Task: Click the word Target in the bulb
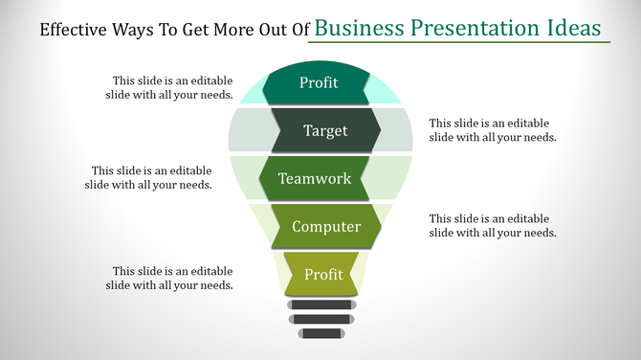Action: click(325, 131)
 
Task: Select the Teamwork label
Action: click(315, 179)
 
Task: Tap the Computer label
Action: click(326, 227)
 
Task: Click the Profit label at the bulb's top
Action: click(319, 83)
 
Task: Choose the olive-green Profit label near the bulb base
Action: click(323, 275)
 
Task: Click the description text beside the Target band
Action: click(493, 130)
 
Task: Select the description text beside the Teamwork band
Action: click(148, 178)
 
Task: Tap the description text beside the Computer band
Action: click(493, 226)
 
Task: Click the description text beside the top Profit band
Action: click(169, 88)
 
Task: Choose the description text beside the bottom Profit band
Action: click(169, 278)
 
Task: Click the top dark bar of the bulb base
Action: click(320, 304)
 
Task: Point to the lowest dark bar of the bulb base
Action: click(320, 333)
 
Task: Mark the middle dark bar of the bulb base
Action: click(320, 319)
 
